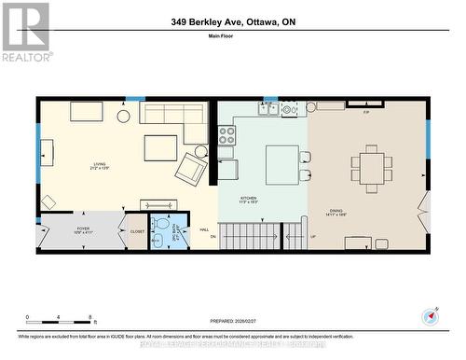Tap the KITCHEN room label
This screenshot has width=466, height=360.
pyautogui.click(x=248, y=201)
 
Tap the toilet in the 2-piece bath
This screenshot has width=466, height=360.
pyautogui.click(x=160, y=225)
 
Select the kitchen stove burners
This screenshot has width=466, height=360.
pyautogui.click(x=226, y=135)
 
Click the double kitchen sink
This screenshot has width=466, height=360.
pyautogui.click(x=267, y=108)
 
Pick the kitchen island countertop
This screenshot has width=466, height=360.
pyautogui.click(x=282, y=165)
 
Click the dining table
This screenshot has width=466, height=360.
pyautogui.click(x=372, y=168)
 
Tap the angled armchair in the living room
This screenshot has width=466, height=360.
pyautogui.click(x=192, y=169)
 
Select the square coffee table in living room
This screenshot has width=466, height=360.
pyautogui.click(x=160, y=148)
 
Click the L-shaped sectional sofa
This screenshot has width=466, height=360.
pyautogui.click(x=177, y=118)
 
